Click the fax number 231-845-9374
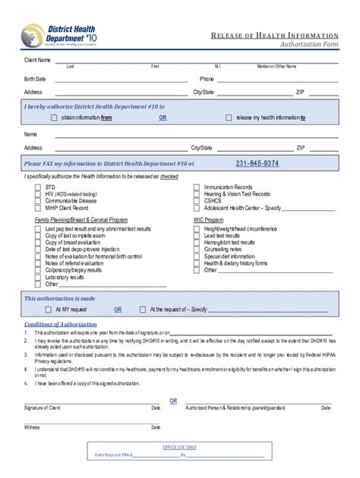click(x=257, y=163)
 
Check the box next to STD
click(x=39, y=186)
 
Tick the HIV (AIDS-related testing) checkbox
click(x=39, y=193)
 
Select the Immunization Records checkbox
click(x=197, y=186)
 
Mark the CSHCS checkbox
click(x=197, y=200)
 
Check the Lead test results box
click(x=197, y=235)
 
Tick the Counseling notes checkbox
click(x=197, y=249)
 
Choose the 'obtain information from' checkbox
click(x=54, y=118)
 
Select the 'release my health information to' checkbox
click(x=229, y=118)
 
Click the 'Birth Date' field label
click(x=35, y=79)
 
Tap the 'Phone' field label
click(x=207, y=79)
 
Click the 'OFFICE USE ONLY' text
click(x=180, y=448)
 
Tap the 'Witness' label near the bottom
click(x=31, y=427)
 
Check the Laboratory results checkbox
click(x=39, y=278)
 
